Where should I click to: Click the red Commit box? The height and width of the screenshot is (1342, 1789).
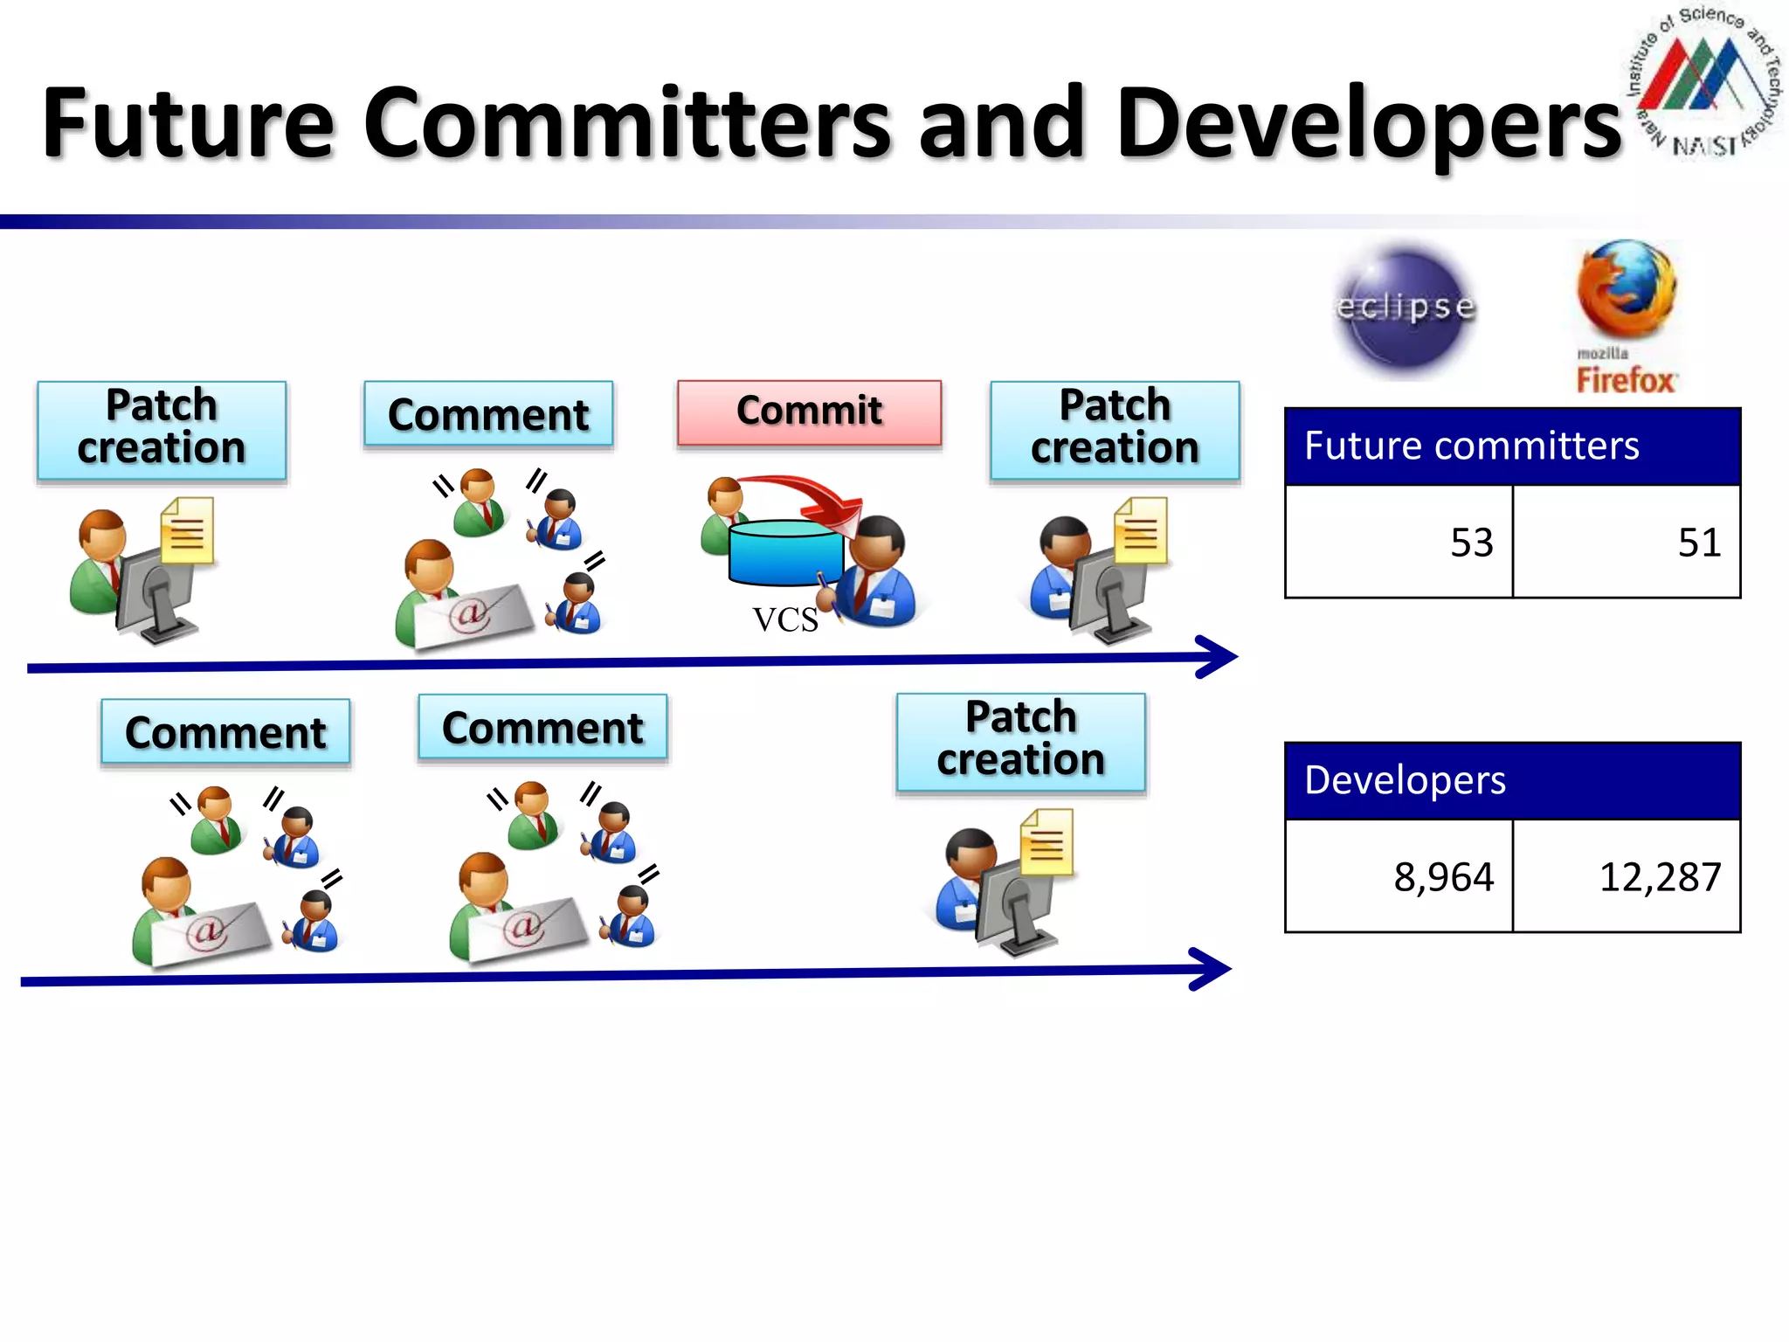(809, 412)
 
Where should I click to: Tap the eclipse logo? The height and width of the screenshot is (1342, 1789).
(1406, 308)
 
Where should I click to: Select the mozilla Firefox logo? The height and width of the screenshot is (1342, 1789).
(1626, 316)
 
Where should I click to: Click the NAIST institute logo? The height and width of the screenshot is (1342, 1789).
(1703, 83)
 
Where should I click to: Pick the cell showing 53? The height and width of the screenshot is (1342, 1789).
(1399, 542)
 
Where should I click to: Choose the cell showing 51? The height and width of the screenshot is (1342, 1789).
(1627, 542)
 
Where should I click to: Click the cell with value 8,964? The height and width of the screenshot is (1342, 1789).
(1399, 876)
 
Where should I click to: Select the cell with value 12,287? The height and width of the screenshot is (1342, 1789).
(1627, 876)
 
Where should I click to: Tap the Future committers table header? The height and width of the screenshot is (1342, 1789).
(1512, 446)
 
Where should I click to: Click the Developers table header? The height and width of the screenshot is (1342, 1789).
(1512, 780)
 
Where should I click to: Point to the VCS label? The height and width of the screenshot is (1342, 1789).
(785, 620)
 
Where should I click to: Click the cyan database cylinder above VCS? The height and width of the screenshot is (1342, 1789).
(785, 552)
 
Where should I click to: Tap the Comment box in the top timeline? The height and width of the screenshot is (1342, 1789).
(488, 414)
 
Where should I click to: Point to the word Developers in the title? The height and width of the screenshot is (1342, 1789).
(1368, 124)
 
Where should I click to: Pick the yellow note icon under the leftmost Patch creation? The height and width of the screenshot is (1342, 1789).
(187, 530)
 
